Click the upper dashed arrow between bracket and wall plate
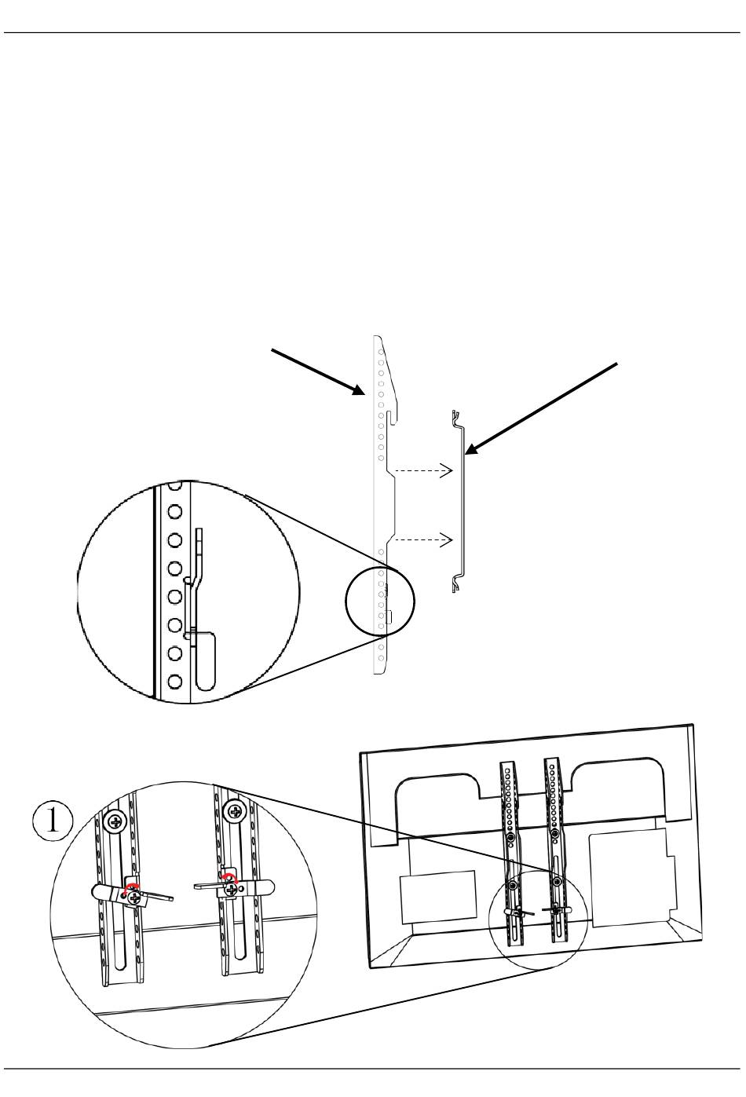click(423, 470)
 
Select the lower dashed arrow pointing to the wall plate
click(423, 539)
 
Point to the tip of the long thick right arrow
click(464, 455)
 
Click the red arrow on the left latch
click(131, 887)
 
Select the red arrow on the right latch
click(229, 877)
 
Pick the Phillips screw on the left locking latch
click(133, 897)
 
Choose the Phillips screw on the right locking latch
click(231, 889)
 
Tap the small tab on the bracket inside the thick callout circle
click(389, 617)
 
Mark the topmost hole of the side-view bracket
click(380, 352)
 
